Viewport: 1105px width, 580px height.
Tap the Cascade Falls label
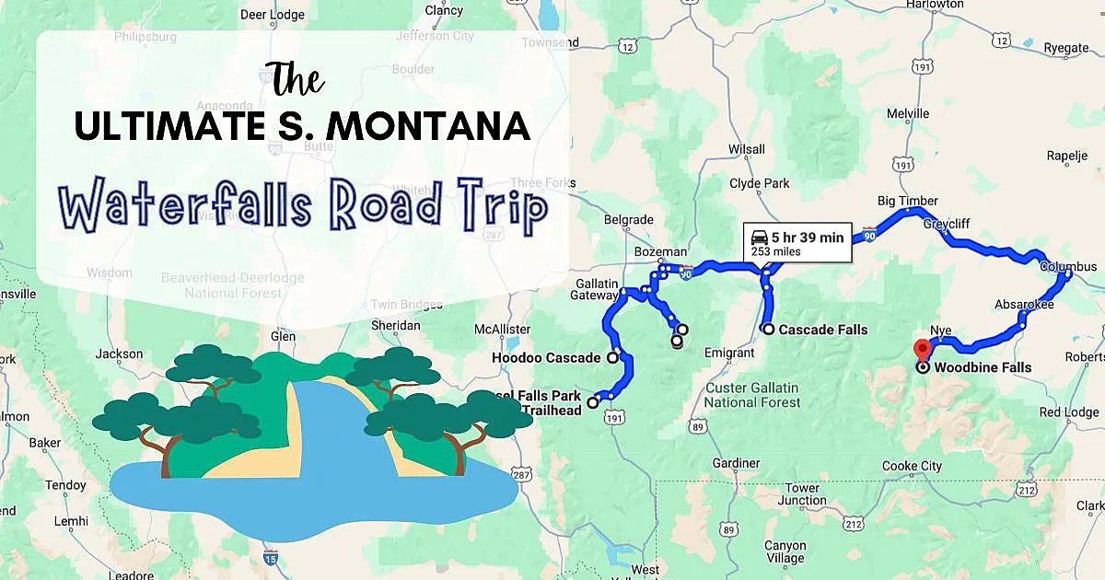(822, 330)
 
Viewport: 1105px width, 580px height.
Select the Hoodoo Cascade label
(546, 357)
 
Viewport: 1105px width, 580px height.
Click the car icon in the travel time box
(760, 238)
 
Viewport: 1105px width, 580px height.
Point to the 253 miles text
(775, 251)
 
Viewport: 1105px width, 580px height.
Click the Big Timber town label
(907, 201)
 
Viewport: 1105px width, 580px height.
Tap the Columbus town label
(1068, 267)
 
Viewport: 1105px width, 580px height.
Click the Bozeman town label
(661, 251)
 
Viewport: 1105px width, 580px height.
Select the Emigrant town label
(729, 353)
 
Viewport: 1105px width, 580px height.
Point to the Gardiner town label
(736, 463)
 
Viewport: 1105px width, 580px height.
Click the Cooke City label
(912, 466)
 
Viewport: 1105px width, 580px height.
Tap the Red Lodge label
(1069, 412)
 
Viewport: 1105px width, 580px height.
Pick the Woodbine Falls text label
(983, 367)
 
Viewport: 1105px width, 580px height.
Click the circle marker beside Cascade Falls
(767, 329)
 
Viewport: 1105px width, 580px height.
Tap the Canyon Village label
(785, 551)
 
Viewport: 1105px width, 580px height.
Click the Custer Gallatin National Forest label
(752, 395)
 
